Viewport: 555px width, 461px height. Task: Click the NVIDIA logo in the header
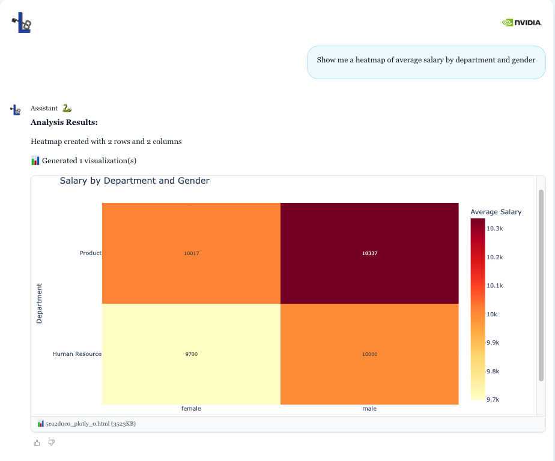(x=522, y=23)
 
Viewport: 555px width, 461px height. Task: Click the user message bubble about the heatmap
(x=426, y=60)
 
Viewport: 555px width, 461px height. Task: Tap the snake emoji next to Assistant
(x=67, y=108)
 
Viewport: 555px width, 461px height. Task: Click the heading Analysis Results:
(x=64, y=122)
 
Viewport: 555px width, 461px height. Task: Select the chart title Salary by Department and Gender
(x=135, y=181)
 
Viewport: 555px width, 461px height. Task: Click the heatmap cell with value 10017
(x=191, y=253)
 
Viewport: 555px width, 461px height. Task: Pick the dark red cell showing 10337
(x=369, y=253)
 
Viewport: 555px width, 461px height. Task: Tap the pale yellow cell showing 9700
(x=191, y=354)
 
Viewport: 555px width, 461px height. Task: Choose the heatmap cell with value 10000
(x=369, y=354)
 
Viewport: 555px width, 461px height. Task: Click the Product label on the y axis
(x=90, y=253)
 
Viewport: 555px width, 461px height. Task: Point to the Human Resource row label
(x=77, y=354)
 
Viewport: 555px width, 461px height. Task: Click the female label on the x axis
(x=191, y=409)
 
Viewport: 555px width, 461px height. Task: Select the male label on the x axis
(x=369, y=409)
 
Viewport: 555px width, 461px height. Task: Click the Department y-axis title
(x=40, y=304)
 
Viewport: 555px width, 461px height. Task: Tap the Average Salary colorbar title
(x=496, y=212)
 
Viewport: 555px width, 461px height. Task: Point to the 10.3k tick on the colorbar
(x=494, y=229)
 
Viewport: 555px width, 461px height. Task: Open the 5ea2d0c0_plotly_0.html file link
(x=86, y=424)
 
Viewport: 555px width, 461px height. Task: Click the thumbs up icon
(x=37, y=443)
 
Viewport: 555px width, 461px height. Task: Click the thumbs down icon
(x=51, y=443)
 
